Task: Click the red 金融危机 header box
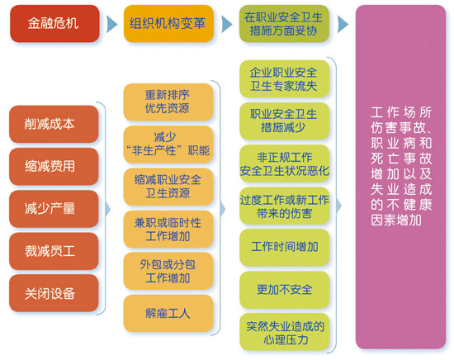[54, 23]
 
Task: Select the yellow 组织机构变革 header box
[168, 23]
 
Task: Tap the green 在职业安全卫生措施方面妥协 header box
[284, 23]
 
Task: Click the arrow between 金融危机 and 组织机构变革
[111, 24]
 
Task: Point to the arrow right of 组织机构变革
[226, 24]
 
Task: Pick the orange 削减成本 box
[54, 124]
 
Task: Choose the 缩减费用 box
[54, 166]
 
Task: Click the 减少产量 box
[54, 209]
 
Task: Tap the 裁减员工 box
[54, 251]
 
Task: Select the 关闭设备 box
[54, 293]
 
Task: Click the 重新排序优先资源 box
[168, 102]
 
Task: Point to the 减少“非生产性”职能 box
[168, 144]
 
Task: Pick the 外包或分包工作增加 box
[168, 271]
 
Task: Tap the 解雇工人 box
[168, 314]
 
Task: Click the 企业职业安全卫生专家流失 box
[284, 78]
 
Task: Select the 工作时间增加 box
[284, 248]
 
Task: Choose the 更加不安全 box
[284, 290]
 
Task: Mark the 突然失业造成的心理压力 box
[284, 332]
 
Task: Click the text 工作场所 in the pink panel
[401, 112]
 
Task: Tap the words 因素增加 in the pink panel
[396, 220]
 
